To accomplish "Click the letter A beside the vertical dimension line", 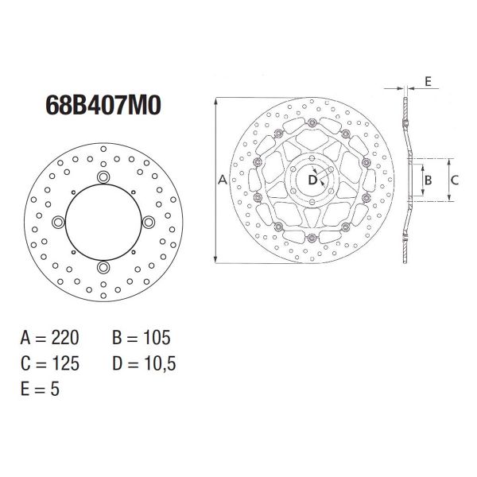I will [x=223, y=181].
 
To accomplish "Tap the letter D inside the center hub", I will [x=312, y=180].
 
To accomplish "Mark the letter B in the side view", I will [x=427, y=180].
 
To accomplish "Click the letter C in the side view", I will [x=455, y=180].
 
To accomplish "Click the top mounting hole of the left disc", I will [x=103, y=176].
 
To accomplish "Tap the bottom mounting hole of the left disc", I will [x=103, y=268].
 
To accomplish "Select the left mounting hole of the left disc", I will [x=57, y=223].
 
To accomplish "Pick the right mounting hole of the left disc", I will [x=149, y=223].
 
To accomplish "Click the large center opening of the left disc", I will [x=103, y=223].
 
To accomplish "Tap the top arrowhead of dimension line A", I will [x=215, y=102].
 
